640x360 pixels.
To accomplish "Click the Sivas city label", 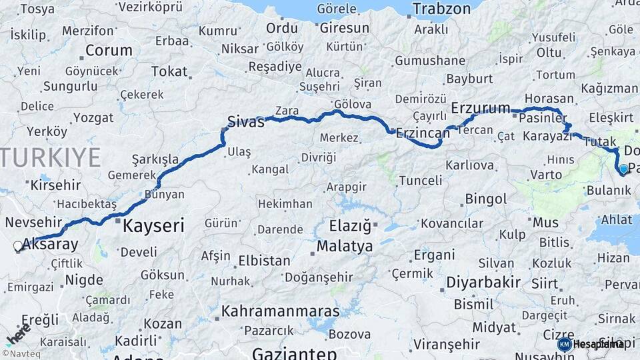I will [245, 121].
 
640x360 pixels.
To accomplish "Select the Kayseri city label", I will [153, 225].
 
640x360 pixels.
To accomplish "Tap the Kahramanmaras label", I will [280, 311].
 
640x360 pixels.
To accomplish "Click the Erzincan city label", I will [423, 133].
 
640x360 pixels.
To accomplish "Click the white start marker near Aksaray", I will [18, 246].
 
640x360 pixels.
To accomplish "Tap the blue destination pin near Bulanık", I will [623, 169].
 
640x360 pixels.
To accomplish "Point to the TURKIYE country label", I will [50, 157].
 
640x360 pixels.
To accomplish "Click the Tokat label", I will [169, 71].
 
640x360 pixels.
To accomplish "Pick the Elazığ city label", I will [349, 226].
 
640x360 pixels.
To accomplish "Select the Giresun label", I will [344, 29].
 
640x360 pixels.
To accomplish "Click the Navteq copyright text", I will [21, 354].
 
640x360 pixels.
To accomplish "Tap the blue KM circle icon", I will [564, 344].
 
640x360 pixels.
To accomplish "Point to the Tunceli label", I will [420, 180].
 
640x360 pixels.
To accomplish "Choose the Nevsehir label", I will [33, 222].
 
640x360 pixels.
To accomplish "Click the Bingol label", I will [486, 199].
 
